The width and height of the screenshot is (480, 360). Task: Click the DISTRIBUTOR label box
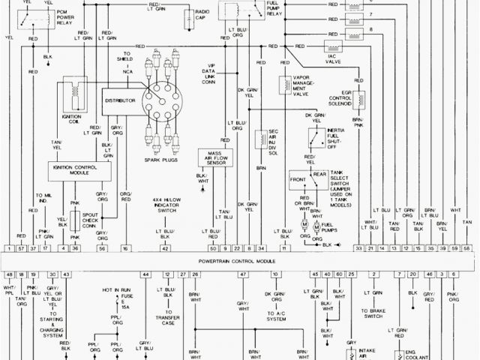[120, 100]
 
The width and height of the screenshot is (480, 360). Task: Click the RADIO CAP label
[202, 16]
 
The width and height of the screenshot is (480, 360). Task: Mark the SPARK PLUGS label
[160, 160]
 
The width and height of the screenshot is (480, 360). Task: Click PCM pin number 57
[22, 247]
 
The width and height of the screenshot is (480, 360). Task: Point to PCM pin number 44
[145, 274]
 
